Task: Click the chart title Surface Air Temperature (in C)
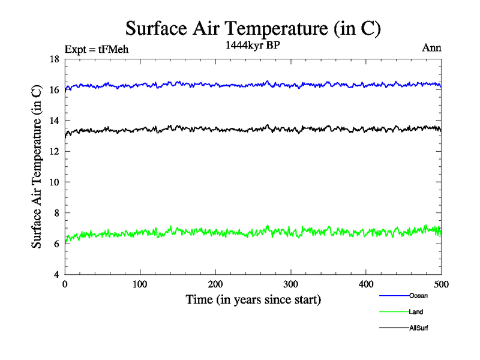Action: point(253,29)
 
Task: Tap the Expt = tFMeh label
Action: point(97,50)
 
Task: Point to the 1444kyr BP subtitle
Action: point(253,47)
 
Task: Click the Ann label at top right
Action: point(432,48)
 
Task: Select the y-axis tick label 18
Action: point(54,59)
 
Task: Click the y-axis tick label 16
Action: point(54,90)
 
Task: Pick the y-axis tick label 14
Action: point(54,121)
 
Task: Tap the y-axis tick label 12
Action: point(54,152)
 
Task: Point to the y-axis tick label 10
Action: point(54,182)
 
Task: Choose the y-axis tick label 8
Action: point(56,213)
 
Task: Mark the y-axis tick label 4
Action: point(56,275)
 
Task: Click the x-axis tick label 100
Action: point(140,284)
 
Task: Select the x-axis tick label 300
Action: point(290,284)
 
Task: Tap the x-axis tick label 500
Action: point(441,284)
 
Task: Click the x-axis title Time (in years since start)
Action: point(253,299)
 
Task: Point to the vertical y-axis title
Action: point(37,167)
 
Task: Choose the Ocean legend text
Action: point(418,296)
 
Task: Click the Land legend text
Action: point(416,312)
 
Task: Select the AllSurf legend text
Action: point(418,328)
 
